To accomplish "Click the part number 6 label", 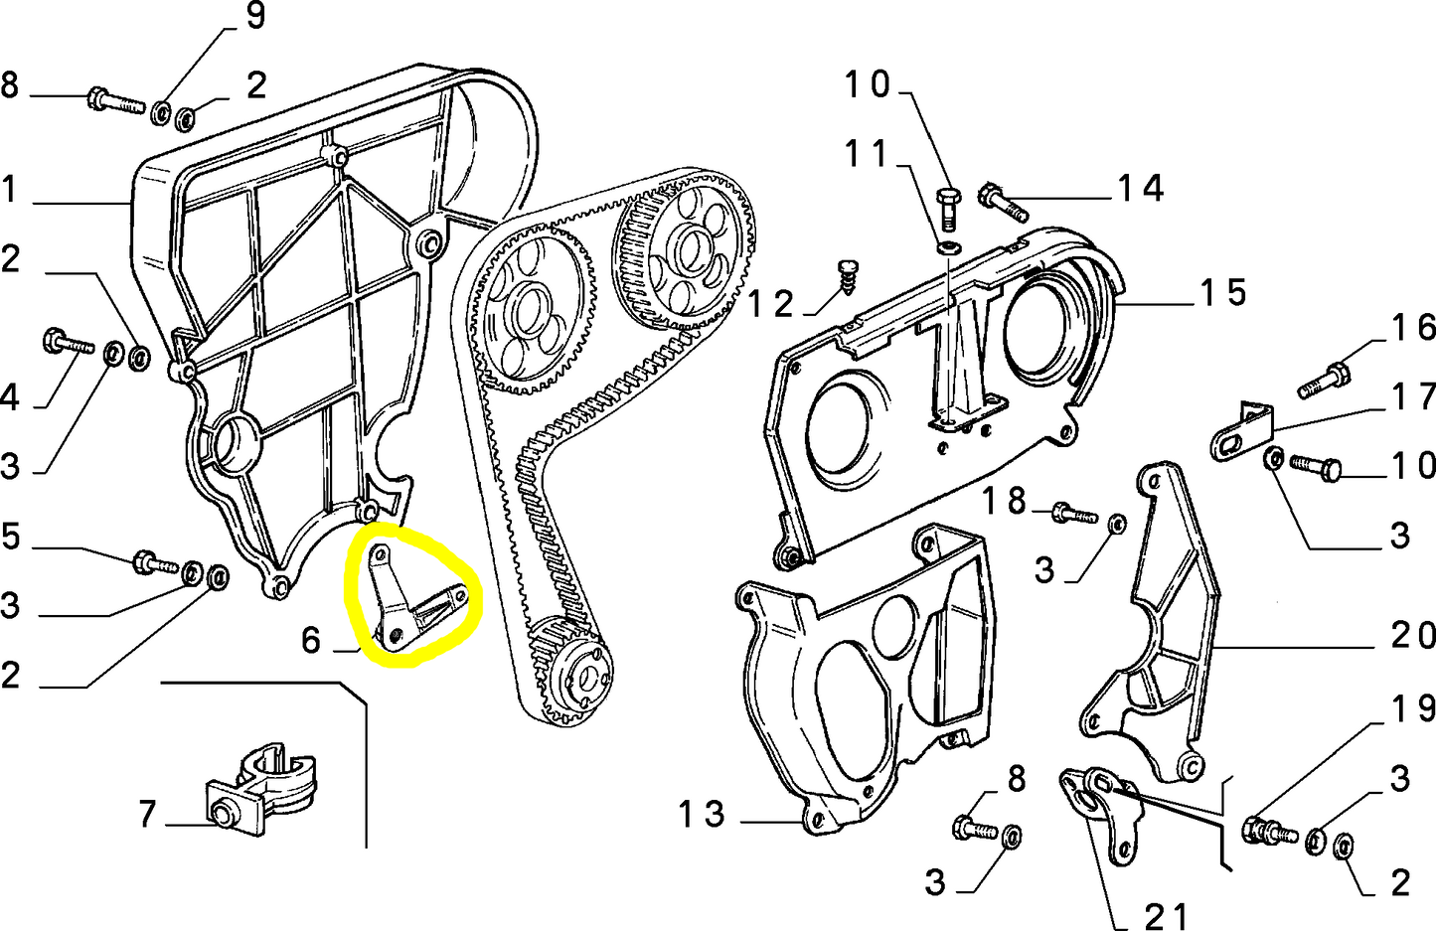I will click(x=311, y=641).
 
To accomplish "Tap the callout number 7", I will click(x=147, y=815).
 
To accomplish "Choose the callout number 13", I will click(x=703, y=815).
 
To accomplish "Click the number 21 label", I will click(x=1166, y=915).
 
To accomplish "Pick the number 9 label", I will click(x=255, y=16).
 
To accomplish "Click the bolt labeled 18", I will click(x=1073, y=515).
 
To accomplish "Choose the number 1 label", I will click(x=10, y=189).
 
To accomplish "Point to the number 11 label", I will click(x=866, y=154).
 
